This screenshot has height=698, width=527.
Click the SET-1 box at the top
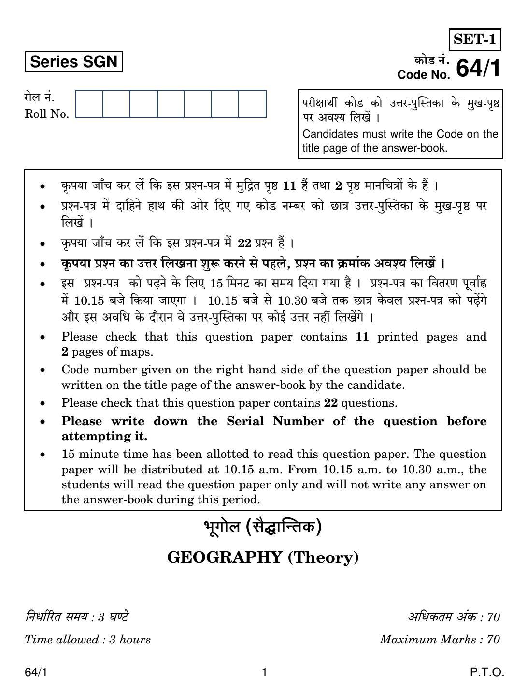pyautogui.click(x=475, y=40)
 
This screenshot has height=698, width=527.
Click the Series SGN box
pyautogui.click(x=73, y=62)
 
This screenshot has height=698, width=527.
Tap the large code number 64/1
pyautogui.click(x=478, y=68)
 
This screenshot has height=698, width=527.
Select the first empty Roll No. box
pyautogui.click(x=89, y=103)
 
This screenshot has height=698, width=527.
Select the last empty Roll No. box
pyautogui.click(x=252, y=103)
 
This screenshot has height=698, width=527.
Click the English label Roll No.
pyautogui.click(x=47, y=114)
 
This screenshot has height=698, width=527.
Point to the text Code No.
pyautogui.click(x=424, y=75)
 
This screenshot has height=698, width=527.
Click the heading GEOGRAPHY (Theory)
pyautogui.click(x=263, y=557)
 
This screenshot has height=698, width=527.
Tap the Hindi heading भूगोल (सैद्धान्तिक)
pyautogui.click(x=263, y=527)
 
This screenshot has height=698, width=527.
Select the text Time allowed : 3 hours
pyautogui.click(x=87, y=640)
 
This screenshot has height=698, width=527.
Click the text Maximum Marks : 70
pyautogui.click(x=440, y=640)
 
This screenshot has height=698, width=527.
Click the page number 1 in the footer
pyautogui.click(x=264, y=672)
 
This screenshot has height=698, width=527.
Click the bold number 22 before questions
pyautogui.click(x=330, y=403)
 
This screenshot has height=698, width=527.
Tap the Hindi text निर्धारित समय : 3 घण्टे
pyautogui.click(x=77, y=617)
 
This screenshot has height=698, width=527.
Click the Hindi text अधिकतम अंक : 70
pyautogui.click(x=454, y=617)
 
